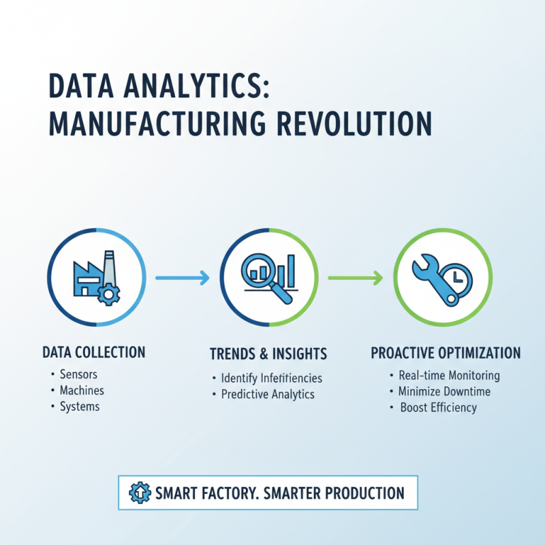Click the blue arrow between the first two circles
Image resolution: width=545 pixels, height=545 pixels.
[182, 277]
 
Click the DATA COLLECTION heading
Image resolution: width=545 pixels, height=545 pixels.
[93, 352]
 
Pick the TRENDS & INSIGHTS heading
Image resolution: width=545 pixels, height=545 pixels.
[268, 354]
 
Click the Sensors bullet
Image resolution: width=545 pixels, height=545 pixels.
[78, 374]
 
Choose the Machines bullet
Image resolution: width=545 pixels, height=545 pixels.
[82, 390]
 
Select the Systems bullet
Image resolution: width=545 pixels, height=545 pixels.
[80, 407]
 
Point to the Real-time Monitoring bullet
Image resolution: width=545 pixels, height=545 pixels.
[450, 375]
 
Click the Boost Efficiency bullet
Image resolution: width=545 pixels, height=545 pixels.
[438, 407]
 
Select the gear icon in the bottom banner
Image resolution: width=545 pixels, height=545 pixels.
[138, 493]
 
